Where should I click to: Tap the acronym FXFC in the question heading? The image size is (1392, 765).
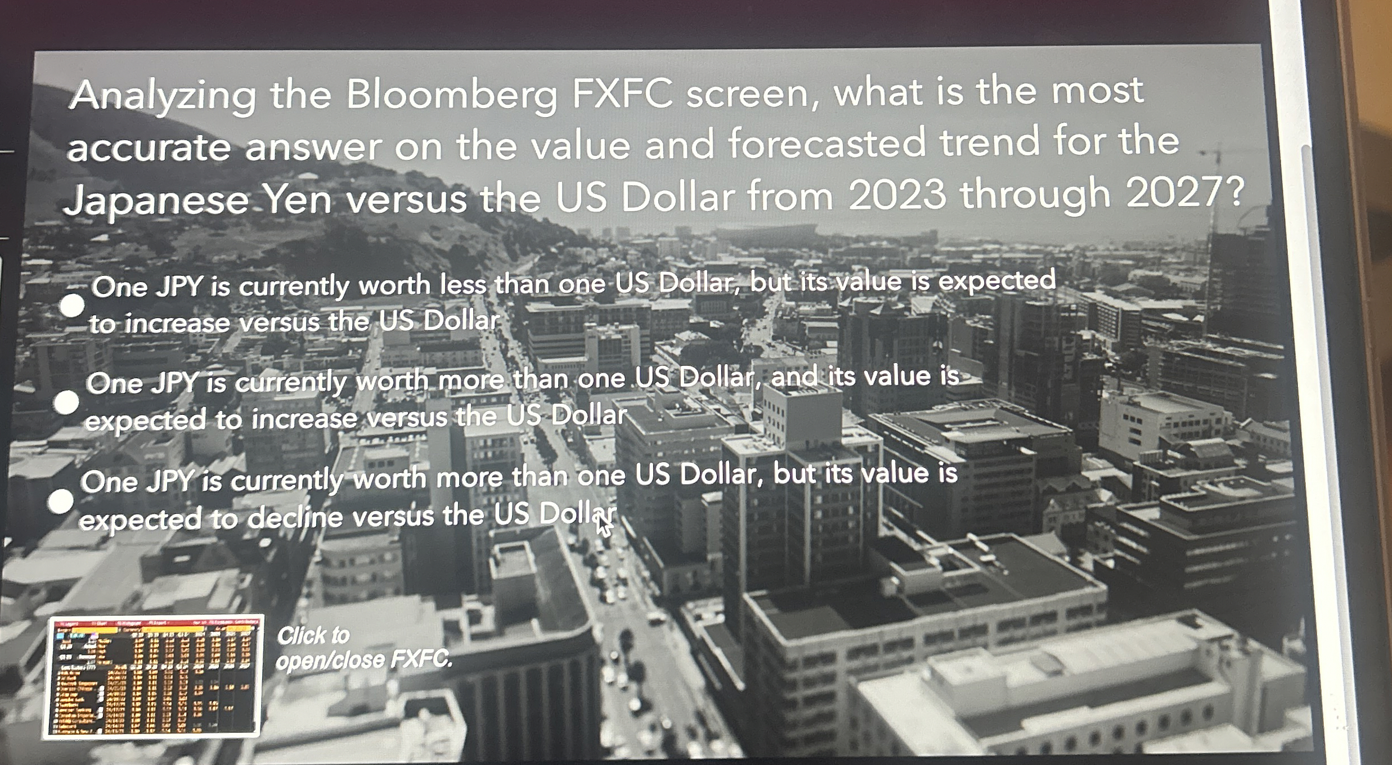tap(622, 93)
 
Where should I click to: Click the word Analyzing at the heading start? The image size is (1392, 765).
tap(163, 96)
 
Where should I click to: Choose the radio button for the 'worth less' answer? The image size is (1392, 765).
tap(72, 305)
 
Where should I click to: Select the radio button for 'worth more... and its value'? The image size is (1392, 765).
tap(66, 402)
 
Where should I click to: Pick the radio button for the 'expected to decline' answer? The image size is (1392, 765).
tap(61, 501)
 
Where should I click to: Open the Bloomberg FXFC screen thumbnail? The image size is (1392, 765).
tap(153, 676)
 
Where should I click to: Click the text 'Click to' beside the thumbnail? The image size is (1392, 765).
tap(313, 636)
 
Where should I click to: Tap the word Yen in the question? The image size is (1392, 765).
tap(298, 200)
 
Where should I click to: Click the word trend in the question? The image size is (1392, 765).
tap(990, 141)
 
